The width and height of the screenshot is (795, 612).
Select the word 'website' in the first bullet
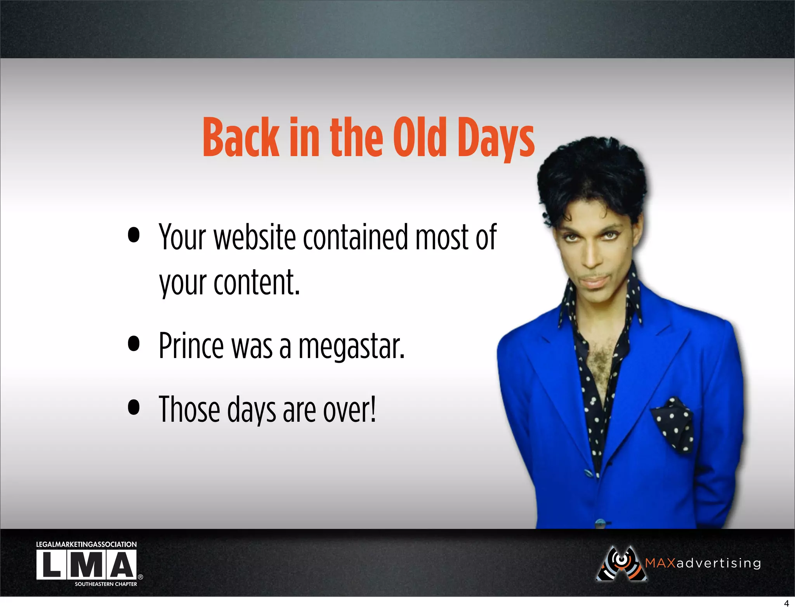click(x=255, y=237)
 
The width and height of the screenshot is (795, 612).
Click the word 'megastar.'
click(x=351, y=346)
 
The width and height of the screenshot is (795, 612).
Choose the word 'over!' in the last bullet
click(x=349, y=409)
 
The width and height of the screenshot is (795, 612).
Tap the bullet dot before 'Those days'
click(x=134, y=407)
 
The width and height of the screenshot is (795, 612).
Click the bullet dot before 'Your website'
click(x=134, y=235)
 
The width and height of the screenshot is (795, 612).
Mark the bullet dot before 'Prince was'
click(x=134, y=343)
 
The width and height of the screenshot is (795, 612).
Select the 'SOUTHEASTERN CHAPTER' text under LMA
click(x=106, y=584)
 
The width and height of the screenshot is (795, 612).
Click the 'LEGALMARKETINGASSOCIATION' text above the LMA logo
click(x=86, y=544)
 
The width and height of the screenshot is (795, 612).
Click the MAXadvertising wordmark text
click(x=703, y=563)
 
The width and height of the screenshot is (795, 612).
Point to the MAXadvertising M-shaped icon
click(x=621, y=564)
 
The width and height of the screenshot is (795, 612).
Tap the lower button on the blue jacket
click(x=600, y=523)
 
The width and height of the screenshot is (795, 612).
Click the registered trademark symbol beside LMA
click(x=141, y=577)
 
